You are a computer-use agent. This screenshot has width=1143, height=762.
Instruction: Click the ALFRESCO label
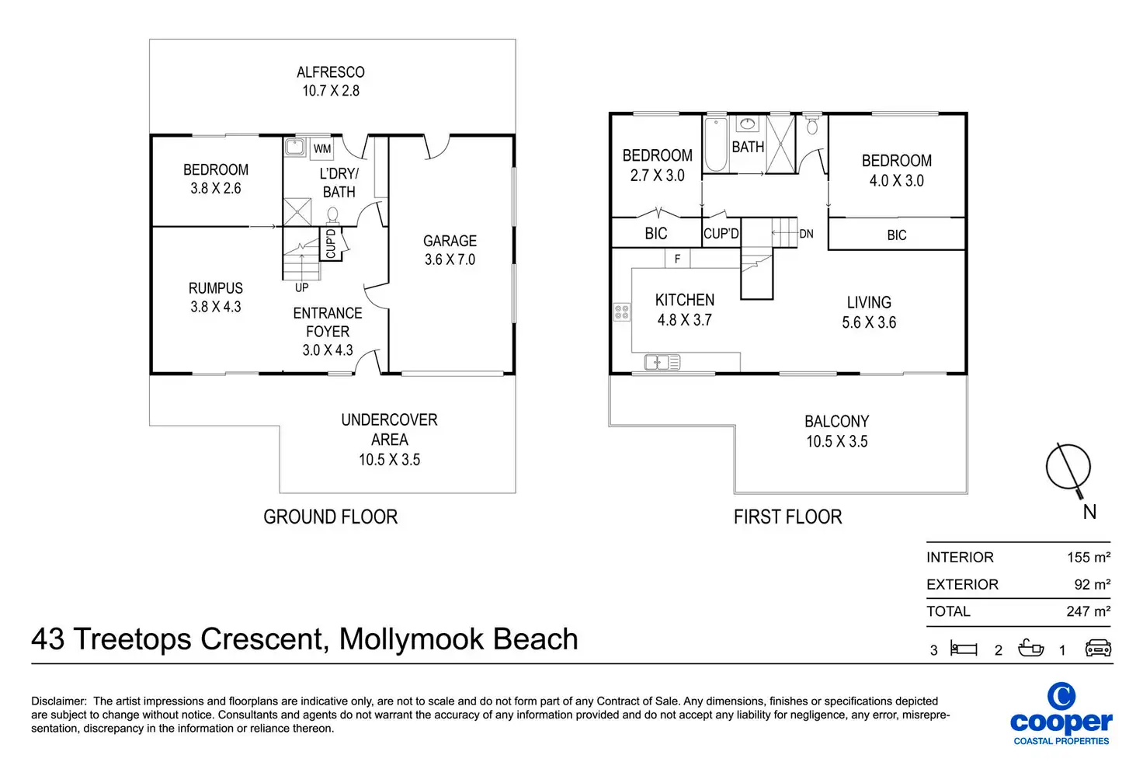pos(331,72)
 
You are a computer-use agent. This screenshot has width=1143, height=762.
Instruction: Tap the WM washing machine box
pos(322,148)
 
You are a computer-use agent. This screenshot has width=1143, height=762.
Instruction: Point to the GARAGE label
pos(450,241)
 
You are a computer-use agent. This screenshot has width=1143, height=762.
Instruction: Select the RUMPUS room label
pos(215,288)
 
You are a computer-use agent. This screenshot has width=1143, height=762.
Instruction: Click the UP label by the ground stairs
pos(301,288)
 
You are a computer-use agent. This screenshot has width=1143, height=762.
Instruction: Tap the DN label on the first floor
pos(806,234)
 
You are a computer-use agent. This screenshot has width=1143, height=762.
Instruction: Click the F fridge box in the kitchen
pos(677,259)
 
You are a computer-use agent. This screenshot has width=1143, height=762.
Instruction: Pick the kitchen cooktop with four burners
pos(621,311)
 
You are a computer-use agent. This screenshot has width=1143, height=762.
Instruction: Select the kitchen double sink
pos(662,363)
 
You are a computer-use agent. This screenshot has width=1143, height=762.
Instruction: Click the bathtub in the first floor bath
pos(716,145)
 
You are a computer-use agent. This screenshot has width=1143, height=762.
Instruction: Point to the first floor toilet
pos(812,124)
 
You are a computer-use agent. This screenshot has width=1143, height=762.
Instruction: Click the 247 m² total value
pos(1089,611)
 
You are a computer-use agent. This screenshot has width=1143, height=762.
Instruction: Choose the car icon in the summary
pos(1098,648)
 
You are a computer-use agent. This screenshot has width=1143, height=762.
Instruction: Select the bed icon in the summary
pos(964,649)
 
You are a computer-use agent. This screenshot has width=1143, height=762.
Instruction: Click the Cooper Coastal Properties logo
pos(1061,714)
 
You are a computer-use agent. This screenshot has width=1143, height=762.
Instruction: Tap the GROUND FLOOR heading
pos(330,517)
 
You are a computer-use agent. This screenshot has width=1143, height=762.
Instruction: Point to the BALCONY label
pos(837,422)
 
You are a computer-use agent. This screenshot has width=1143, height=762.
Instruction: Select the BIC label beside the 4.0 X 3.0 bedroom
pos(897,235)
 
